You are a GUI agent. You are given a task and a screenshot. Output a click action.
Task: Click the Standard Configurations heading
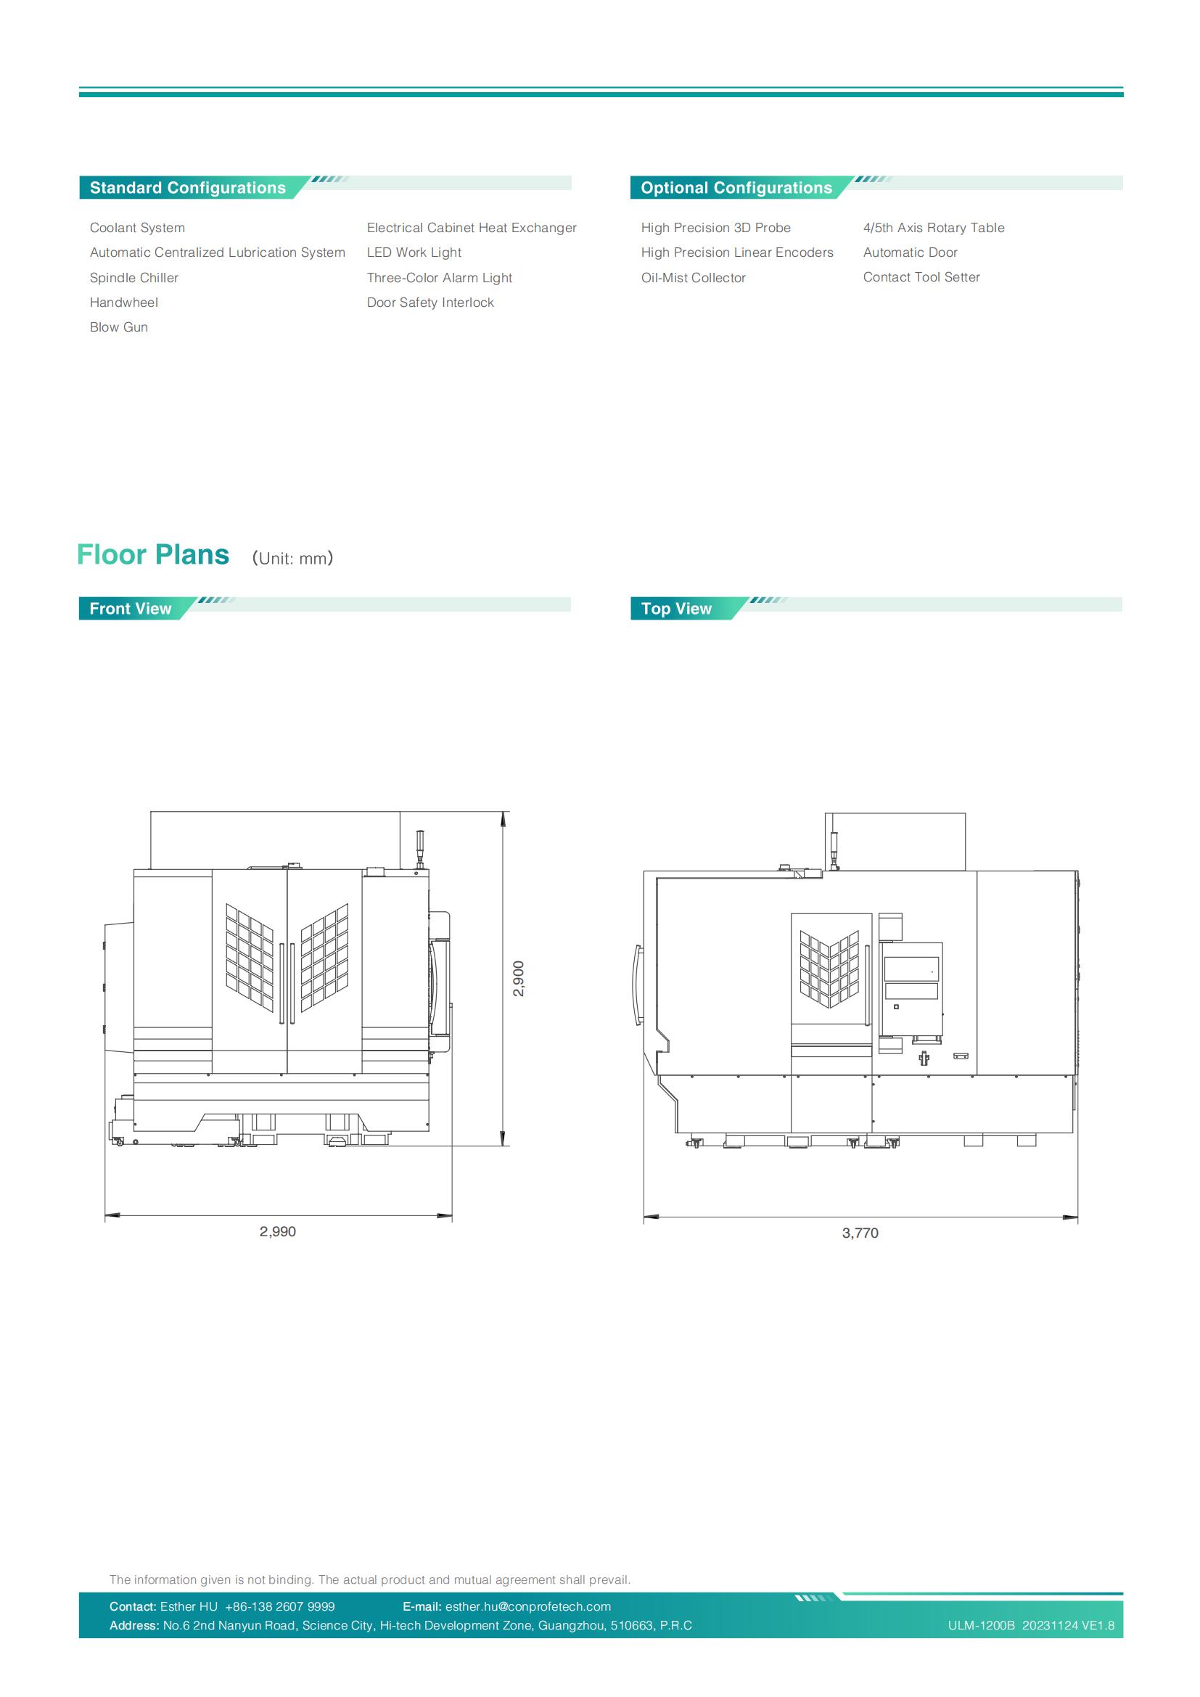[x=188, y=188]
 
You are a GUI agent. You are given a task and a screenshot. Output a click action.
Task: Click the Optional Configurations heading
[x=736, y=188]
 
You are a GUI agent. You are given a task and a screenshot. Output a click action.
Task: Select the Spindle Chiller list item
[x=133, y=278]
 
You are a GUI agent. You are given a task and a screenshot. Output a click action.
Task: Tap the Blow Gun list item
[x=119, y=327]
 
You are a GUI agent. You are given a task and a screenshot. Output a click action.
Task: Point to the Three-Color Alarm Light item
[x=440, y=278]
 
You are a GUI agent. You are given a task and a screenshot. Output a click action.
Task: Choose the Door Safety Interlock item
[x=430, y=303]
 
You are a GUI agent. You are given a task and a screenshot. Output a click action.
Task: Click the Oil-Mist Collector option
[x=693, y=278]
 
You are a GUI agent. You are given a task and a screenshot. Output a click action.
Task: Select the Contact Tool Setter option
[x=921, y=277]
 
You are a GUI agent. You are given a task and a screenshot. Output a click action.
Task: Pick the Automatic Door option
[x=911, y=252]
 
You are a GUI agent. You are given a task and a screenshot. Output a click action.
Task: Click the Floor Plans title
[x=153, y=555]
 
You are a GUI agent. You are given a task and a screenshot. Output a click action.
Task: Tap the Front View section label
[x=130, y=609]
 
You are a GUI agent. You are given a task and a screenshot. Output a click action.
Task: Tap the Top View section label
[x=676, y=609]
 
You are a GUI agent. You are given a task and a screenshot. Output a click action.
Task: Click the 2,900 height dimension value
[x=519, y=979]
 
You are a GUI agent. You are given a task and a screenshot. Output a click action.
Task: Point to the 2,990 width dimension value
[x=278, y=1231]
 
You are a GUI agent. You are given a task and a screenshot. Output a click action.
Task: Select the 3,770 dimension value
[x=860, y=1233]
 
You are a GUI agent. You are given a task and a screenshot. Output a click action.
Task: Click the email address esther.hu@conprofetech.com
[x=528, y=1606]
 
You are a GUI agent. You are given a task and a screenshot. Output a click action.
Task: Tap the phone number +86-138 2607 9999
[x=280, y=1606]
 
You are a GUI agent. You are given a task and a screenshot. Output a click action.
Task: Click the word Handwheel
[x=124, y=303]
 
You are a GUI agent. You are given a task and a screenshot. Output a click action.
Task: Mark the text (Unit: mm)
[x=292, y=558]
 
